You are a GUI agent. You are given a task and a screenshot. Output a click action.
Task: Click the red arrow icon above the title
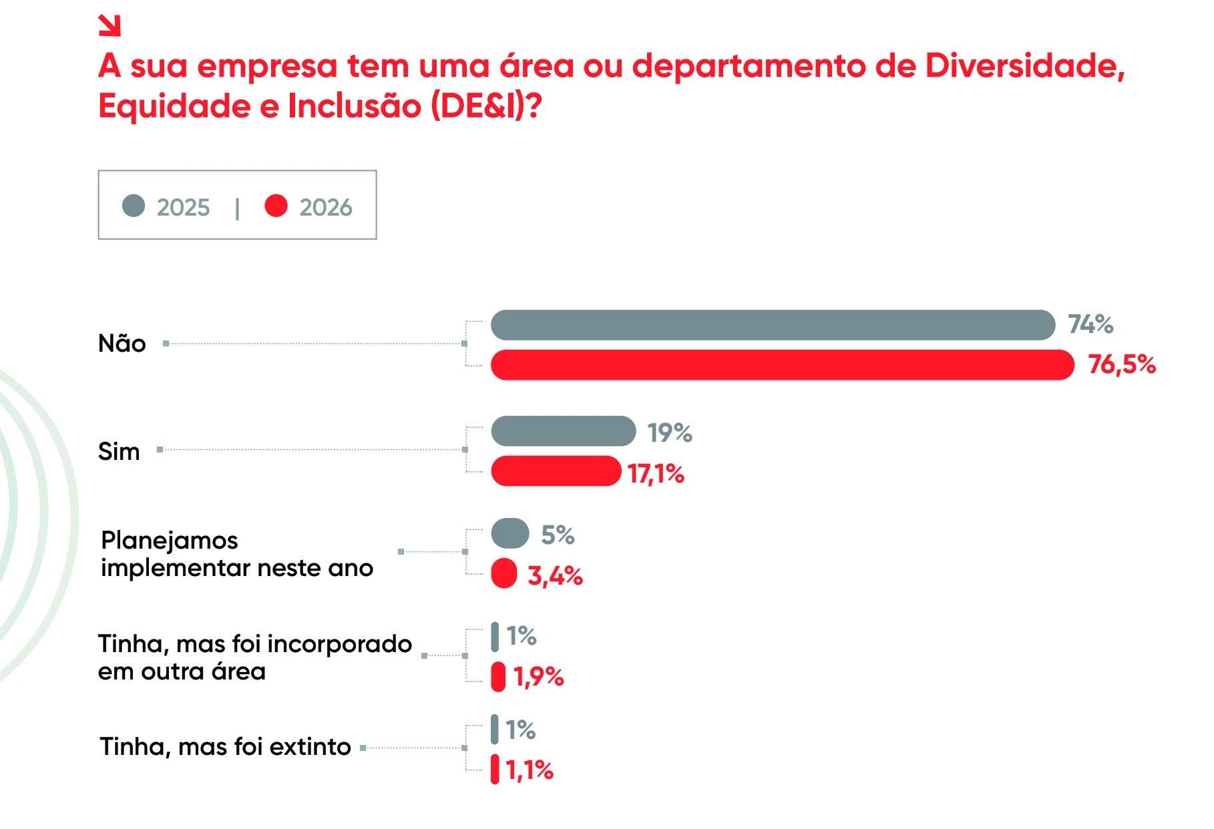[110, 25]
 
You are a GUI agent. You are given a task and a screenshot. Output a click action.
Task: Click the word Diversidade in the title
[1025, 66]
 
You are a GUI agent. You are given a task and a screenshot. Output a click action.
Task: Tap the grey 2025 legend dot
[134, 206]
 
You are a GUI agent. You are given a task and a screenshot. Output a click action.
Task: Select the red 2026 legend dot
[276, 206]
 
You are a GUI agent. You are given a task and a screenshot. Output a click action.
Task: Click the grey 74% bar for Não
[773, 325]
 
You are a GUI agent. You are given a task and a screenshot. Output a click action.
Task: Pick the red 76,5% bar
[782, 365]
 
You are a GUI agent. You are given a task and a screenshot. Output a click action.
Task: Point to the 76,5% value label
[1122, 364]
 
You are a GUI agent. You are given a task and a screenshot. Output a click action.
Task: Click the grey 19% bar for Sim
[563, 431]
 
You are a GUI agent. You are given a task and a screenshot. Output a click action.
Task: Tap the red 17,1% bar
[556, 471]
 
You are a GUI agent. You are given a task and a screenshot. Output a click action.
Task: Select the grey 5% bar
[510, 533]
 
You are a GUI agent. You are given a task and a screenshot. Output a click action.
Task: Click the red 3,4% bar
[504, 573]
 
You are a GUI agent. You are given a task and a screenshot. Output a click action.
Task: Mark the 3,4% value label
[555, 575]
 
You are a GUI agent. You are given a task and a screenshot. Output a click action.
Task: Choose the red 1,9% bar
[498, 677]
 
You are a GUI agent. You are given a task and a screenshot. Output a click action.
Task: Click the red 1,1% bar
[495, 769]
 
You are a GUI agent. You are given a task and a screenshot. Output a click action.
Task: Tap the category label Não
[122, 343]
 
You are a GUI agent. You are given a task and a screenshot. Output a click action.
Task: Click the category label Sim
[119, 451]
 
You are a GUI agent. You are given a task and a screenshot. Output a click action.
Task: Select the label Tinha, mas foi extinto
[225, 746]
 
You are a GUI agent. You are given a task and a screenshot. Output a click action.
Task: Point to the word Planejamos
[170, 540]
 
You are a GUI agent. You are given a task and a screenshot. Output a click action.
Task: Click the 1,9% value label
[538, 677]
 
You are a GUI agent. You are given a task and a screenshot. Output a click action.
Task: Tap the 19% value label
[670, 433]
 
